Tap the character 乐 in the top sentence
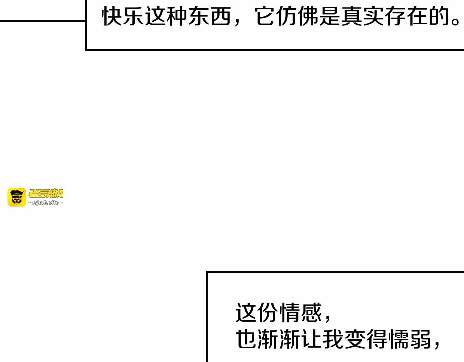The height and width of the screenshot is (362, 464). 134,16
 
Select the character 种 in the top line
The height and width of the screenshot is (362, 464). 177,16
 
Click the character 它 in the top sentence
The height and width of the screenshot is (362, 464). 265,16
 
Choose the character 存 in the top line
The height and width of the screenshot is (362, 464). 396,16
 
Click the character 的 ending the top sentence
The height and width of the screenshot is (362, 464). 439,16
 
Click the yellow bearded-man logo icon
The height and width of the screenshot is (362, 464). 17,197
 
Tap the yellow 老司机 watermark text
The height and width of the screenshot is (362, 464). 46,193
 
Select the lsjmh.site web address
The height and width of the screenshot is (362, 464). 46,202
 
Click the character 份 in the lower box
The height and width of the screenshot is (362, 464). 268,312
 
